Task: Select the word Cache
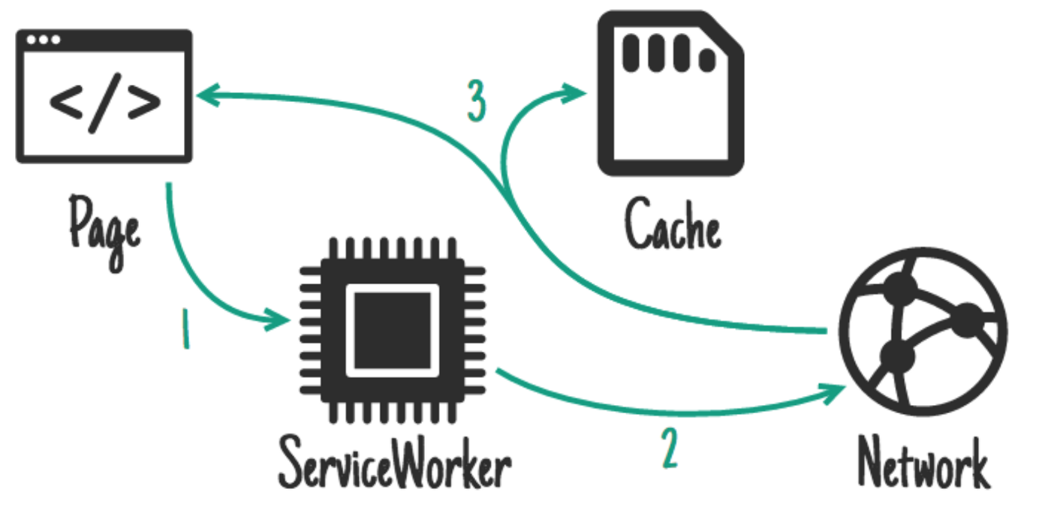click(x=673, y=225)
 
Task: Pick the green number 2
click(x=670, y=448)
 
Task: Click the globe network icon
click(x=923, y=334)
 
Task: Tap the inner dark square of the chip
click(x=393, y=330)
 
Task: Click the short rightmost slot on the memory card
click(x=706, y=58)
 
